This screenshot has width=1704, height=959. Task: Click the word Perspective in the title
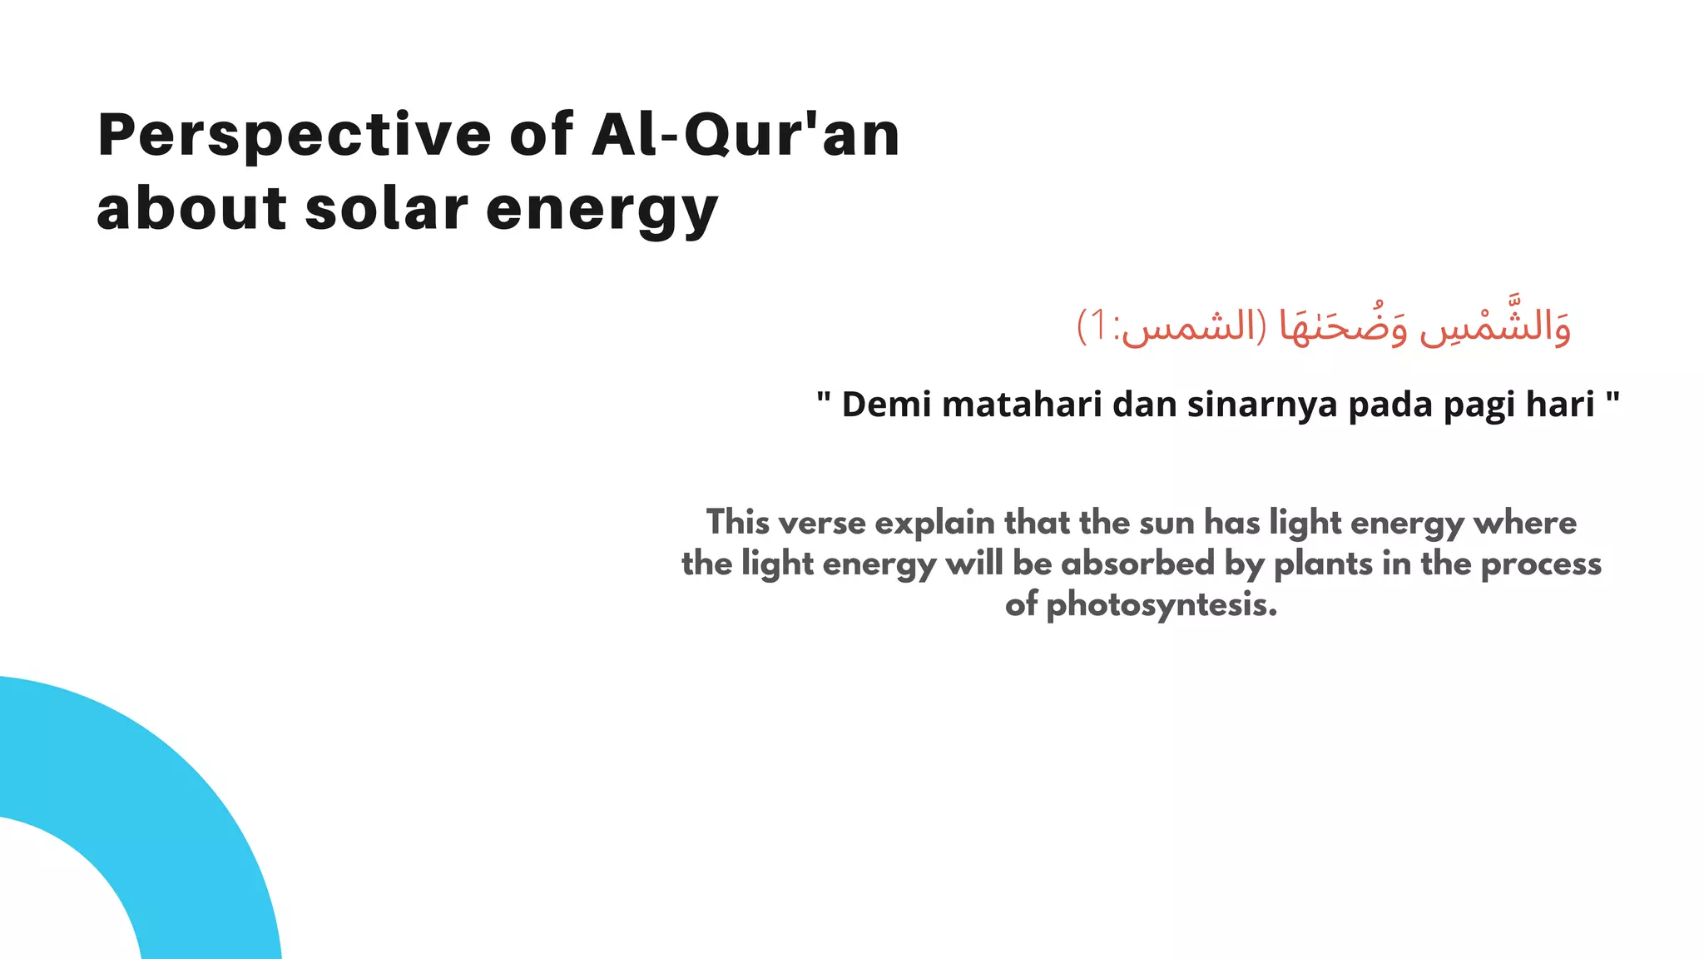295,135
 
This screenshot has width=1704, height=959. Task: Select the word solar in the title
386,209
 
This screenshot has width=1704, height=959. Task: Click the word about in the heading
191,209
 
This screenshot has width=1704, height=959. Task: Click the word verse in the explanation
821,523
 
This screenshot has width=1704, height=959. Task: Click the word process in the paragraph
1541,564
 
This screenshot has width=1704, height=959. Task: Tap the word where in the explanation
1524,523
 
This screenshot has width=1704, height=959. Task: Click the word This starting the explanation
738,523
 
